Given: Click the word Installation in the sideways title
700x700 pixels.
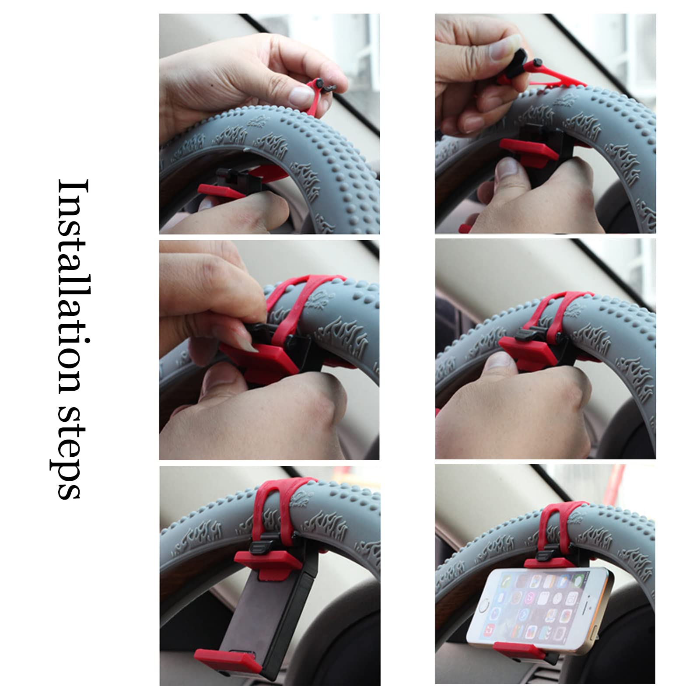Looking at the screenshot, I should tap(70, 284).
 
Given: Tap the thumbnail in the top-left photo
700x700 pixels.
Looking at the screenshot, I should tap(301, 94).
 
